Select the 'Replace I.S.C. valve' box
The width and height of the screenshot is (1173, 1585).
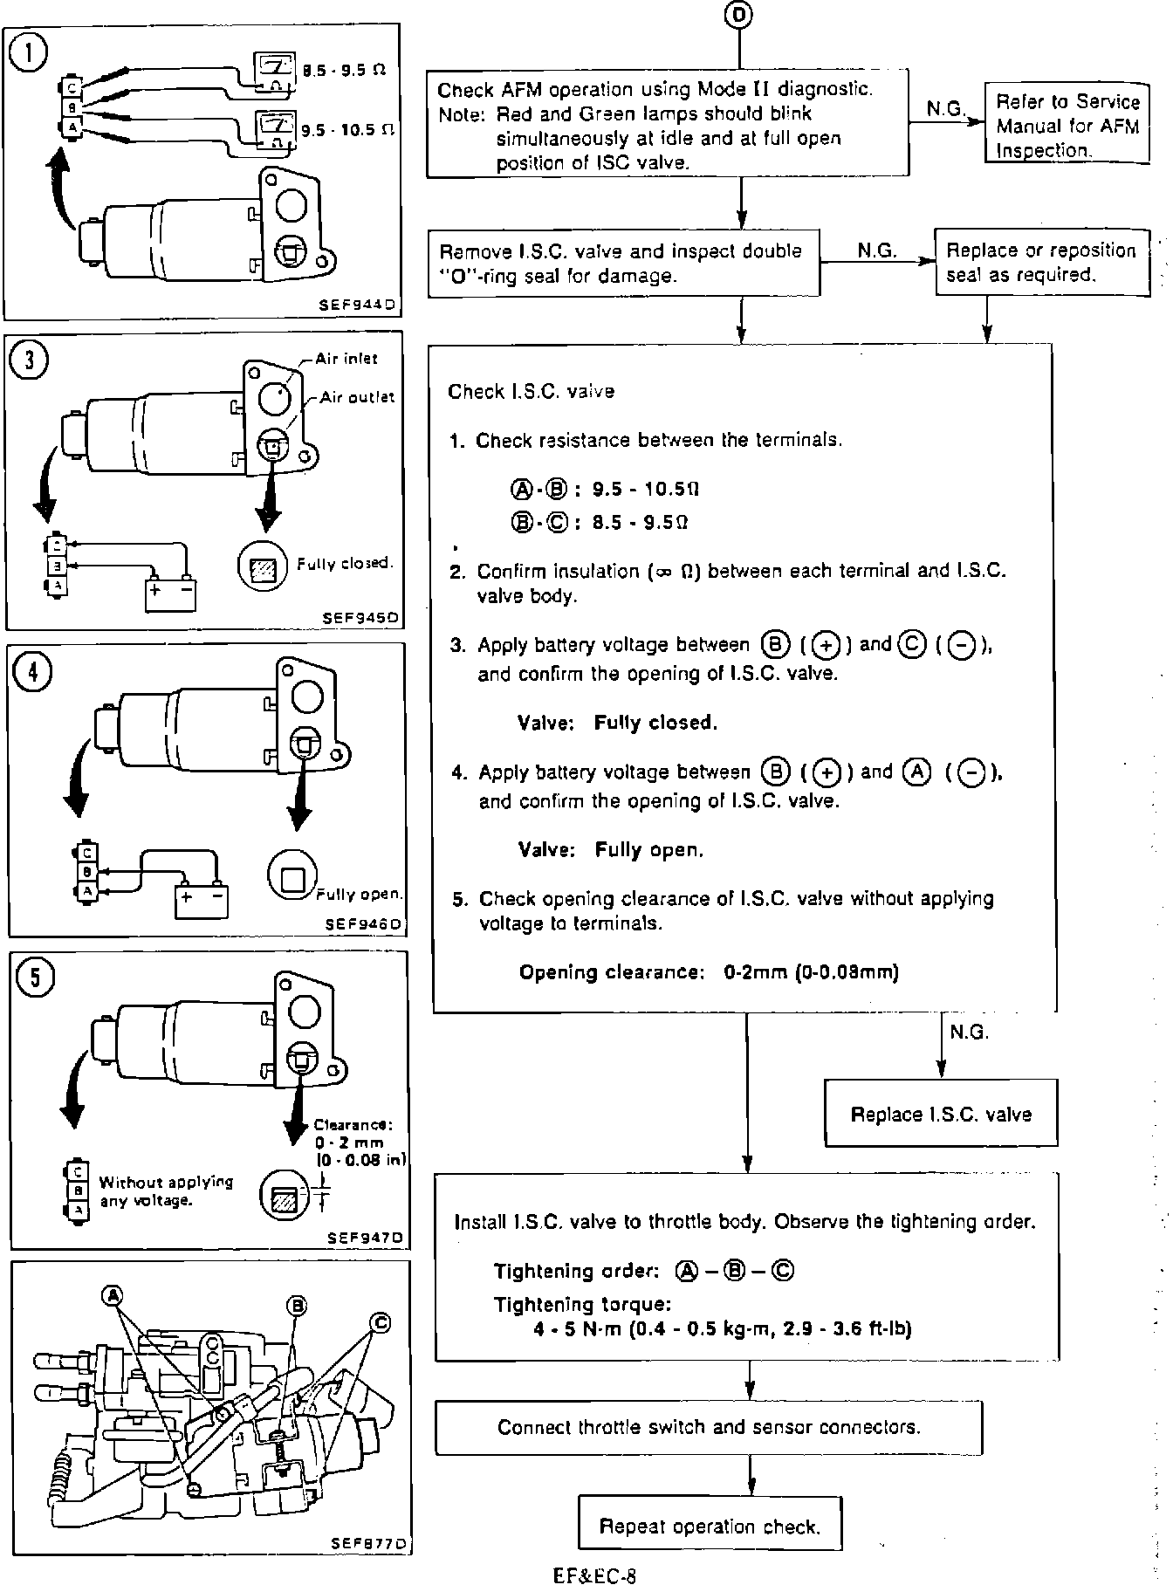pos(941,1114)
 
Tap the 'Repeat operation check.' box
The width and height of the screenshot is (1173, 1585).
pos(710,1527)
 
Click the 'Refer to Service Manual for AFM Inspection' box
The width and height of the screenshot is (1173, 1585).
pos(1067,125)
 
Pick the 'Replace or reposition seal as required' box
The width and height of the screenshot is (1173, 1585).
pos(1041,262)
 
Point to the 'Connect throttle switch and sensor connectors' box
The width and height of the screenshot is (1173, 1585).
pos(709,1427)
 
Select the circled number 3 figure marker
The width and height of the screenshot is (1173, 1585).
pos(31,360)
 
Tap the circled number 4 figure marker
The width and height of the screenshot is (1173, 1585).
pos(33,671)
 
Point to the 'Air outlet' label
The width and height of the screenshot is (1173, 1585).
pos(356,397)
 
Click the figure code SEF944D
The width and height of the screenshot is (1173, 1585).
pos(359,305)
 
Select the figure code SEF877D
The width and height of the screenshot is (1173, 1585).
pos(368,1543)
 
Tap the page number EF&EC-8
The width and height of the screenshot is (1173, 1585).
pos(594,1575)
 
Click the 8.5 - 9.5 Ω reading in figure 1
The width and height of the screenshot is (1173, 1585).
pos(344,70)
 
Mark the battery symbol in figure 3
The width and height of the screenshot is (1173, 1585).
pos(170,593)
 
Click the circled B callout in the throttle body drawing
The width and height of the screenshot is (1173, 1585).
pos(297,1305)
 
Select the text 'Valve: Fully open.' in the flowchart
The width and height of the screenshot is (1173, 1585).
pos(610,849)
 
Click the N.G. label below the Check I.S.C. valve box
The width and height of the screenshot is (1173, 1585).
pos(969,1033)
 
